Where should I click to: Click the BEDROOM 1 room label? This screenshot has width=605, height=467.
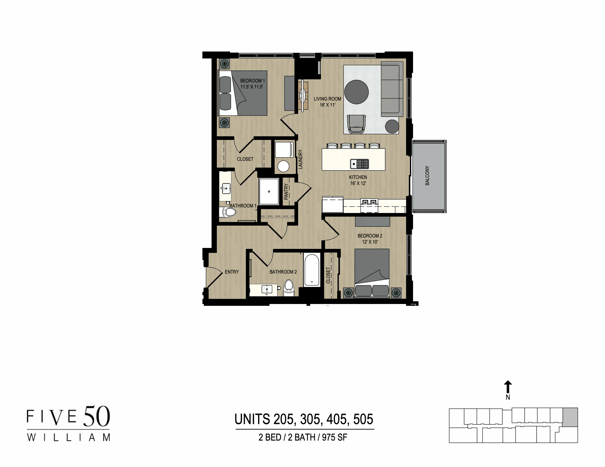click(252, 81)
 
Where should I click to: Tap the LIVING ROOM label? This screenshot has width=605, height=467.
click(327, 99)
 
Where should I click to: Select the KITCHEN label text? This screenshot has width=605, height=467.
click(358, 177)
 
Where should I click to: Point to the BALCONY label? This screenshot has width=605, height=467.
click(427, 176)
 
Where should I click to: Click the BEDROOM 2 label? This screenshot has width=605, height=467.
click(370, 236)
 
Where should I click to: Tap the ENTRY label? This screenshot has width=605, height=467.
click(232, 272)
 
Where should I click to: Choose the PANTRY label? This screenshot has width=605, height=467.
click(286, 192)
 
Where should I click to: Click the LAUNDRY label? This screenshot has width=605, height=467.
click(300, 159)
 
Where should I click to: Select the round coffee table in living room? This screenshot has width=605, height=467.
click(356, 92)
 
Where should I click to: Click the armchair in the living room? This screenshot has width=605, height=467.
click(356, 124)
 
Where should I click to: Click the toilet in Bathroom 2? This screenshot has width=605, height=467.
click(289, 288)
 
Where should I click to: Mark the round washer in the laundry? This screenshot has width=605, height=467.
click(283, 166)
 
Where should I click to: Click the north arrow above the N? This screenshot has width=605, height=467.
click(508, 386)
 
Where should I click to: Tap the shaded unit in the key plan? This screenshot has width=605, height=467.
click(570, 417)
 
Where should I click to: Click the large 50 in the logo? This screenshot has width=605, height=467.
click(96, 416)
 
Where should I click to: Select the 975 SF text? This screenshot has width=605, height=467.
click(334, 437)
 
